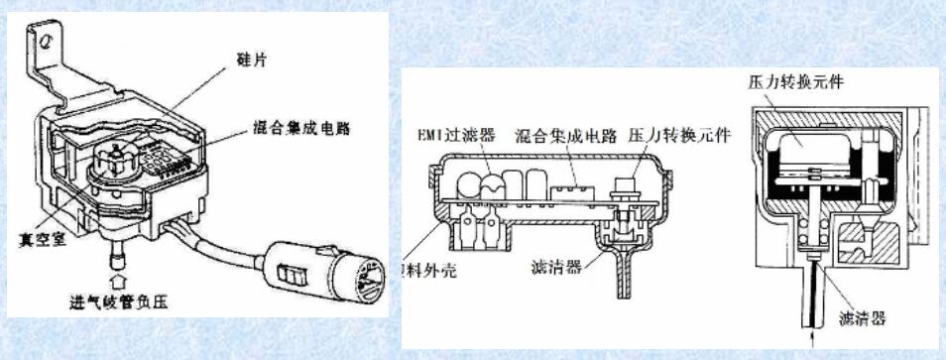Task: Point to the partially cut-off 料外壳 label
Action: click(428, 274)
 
